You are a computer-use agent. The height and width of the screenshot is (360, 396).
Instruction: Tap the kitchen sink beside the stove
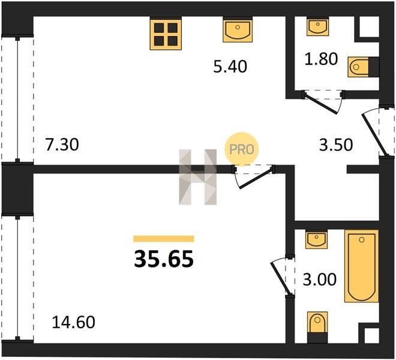click(x=238, y=31)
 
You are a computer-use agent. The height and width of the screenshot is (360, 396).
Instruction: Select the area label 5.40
click(x=230, y=67)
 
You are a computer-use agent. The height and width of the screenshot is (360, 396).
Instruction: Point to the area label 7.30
click(x=62, y=145)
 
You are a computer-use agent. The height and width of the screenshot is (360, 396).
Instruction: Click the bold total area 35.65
click(x=164, y=259)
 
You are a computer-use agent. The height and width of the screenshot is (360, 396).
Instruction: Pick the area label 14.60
click(x=73, y=322)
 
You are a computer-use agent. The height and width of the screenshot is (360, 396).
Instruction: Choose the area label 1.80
click(x=321, y=59)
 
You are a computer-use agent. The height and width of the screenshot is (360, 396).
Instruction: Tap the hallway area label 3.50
click(x=336, y=145)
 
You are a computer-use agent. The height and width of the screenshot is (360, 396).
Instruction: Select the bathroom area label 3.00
click(x=319, y=280)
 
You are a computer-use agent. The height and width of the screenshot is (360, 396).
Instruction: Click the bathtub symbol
click(x=361, y=266)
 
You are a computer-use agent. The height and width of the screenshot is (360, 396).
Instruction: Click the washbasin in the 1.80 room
click(x=318, y=27)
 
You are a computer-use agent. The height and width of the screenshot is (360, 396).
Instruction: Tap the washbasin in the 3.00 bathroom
click(x=316, y=240)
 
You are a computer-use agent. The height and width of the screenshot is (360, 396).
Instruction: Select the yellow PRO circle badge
click(x=242, y=149)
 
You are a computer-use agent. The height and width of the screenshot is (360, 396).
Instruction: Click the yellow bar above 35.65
click(x=164, y=239)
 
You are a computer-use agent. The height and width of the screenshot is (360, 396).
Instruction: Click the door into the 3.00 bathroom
click(x=283, y=275)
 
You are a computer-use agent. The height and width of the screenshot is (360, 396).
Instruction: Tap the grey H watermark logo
click(x=198, y=177)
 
